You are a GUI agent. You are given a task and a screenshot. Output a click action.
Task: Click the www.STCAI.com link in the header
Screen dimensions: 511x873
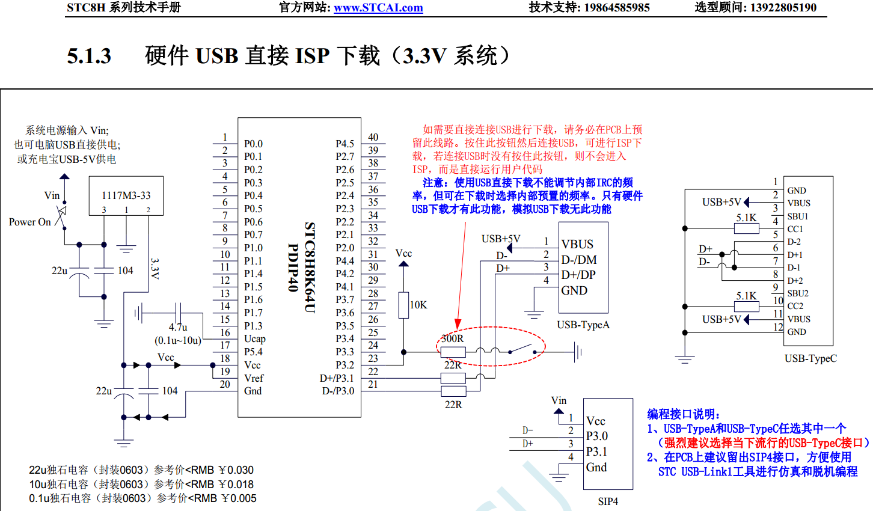[x=378, y=8]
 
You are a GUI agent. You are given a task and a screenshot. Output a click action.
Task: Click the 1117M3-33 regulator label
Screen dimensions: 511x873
[x=126, y=195]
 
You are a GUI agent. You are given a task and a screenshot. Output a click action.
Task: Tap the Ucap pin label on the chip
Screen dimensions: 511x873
[x=254, y=338]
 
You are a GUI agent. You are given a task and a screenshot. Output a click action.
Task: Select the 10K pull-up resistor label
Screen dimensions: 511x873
[x=418, y=305]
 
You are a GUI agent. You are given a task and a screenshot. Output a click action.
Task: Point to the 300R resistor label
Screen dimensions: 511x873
[x=452, y=338]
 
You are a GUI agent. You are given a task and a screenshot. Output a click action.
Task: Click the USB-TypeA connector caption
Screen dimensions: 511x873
[x=583, y=325]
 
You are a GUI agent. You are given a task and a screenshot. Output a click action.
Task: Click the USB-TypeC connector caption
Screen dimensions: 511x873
[x=810, y=358]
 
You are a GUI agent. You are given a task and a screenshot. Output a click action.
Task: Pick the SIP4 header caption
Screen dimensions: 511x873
[x=608, y=501]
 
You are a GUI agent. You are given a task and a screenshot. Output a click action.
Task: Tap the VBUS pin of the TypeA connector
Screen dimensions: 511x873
[x=577, y=244]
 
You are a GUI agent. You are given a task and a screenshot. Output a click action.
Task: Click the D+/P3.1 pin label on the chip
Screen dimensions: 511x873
[x=337, y=378]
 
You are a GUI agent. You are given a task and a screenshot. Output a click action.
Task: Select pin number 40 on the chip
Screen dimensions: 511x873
[x=373, y=137]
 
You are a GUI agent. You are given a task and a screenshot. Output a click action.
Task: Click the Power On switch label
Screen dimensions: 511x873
[x=30, y=222]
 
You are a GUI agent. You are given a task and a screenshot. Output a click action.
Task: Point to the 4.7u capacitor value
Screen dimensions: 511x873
[x=178, y=327]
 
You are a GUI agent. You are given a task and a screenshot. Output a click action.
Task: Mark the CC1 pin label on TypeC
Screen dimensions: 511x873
[x=795, y=229]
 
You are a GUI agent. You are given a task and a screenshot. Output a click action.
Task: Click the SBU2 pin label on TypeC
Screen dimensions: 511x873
[x=798, y=293]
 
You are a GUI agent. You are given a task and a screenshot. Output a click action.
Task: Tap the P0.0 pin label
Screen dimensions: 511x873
[x=253, y=144]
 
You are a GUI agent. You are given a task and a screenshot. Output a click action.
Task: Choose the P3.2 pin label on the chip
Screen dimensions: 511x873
[x=345, y=365]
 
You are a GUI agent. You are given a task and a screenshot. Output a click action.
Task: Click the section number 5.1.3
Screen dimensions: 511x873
[x=89, y=56]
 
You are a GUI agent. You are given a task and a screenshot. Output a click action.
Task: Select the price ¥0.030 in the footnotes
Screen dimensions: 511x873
[x=236, y=470]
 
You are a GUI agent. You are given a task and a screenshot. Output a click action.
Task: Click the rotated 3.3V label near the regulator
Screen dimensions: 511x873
[x=155, y=269]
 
